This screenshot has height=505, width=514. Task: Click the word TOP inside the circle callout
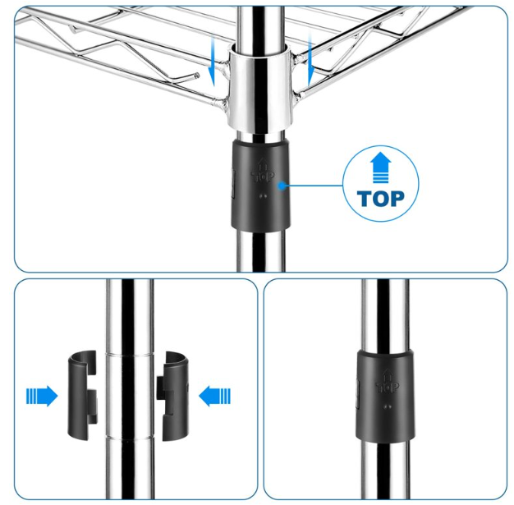[381, 199]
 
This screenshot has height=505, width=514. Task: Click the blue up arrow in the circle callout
[381, 168]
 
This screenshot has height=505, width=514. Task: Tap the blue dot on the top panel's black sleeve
[282, 186]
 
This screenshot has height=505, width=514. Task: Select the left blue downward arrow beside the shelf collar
[212, 62]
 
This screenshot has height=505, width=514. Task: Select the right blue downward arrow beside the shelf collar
[310, 62]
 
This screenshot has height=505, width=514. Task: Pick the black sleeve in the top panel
[261, 185]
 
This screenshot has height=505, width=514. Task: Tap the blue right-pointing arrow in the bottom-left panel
[42, 396]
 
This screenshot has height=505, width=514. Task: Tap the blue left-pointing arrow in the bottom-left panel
[214, 396]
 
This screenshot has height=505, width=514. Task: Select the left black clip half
[82, 396]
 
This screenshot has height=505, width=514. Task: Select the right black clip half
[172, 396]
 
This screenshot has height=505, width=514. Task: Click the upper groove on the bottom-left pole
[130, 354]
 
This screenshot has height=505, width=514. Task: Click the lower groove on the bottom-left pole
[130, 438]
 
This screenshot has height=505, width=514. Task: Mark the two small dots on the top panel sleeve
[263, 196]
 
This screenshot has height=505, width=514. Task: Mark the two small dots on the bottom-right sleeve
[388, 407]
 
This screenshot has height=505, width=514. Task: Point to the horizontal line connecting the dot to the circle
[314, 186]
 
